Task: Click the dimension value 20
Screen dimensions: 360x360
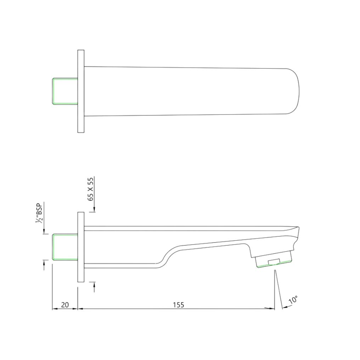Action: tap(65, 305)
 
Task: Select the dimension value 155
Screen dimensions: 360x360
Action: tap(179, 305)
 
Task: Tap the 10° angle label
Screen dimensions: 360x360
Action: tap(293, 300)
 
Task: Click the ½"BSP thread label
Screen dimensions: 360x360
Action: tap(39, 213)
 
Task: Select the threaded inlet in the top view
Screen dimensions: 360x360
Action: tap(65, 91)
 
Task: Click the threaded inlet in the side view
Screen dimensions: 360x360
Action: tap(65, 247)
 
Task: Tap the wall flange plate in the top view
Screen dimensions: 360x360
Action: tap(81, 91)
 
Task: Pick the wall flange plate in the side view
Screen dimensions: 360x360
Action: tap(81, 247)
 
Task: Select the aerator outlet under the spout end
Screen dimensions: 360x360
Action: tap(274, 260)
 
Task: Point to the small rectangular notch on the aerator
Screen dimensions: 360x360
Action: tap(274, 262)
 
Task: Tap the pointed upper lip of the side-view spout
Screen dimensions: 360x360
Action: tap(297, 228)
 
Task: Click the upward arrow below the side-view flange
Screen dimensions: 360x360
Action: tap(95, 285)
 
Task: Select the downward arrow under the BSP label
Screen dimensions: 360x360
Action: tap(44, 231)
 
